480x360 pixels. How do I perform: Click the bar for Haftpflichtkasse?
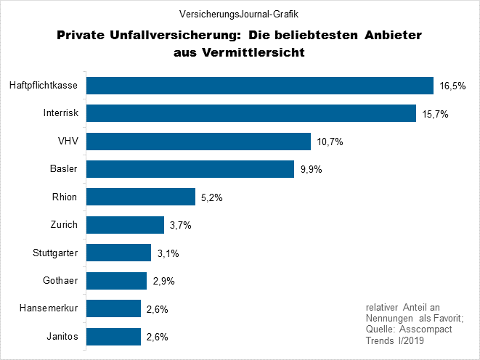[x=260, y=86]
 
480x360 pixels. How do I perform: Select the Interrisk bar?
[x=251, y=113]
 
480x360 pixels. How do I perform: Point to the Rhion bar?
[x=142, y=197]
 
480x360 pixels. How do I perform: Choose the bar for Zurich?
[x=126, y=225]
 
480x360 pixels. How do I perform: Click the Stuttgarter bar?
[x=119, y=253]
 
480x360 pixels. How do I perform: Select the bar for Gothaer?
[x=117, y=281]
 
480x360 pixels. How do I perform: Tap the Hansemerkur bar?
[x=114, y=308]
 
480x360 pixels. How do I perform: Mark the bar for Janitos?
[x=114, y=337]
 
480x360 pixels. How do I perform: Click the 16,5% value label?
[x=452, y=86]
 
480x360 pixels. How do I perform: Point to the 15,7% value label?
[x=434, y=114]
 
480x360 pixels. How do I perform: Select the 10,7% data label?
[x=329, y=142]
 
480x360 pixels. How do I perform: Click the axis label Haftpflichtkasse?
[x=44, y=86]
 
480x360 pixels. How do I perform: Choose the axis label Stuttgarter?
[x=55, y=253]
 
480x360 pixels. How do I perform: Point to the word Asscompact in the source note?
[x=426, y=330]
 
